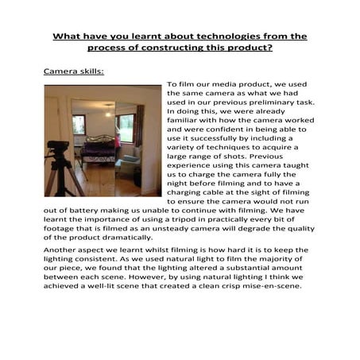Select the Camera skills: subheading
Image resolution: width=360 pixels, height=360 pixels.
tap(73, 71)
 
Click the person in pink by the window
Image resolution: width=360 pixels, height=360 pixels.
tap(118, 141)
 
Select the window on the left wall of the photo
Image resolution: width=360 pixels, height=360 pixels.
tap(79, 123)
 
